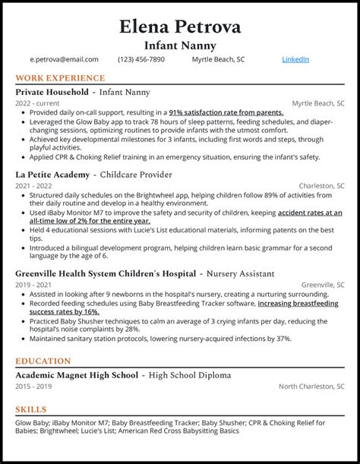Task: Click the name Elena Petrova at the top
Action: [180, 27]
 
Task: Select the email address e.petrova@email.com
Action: [65, 59]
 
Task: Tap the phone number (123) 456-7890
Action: [145, 59]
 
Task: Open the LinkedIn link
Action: [295, 59]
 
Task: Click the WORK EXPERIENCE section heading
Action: [60, 78]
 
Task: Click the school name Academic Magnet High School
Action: [77, 375]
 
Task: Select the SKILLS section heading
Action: [31, 409]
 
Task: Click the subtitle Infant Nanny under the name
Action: [180, 46]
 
